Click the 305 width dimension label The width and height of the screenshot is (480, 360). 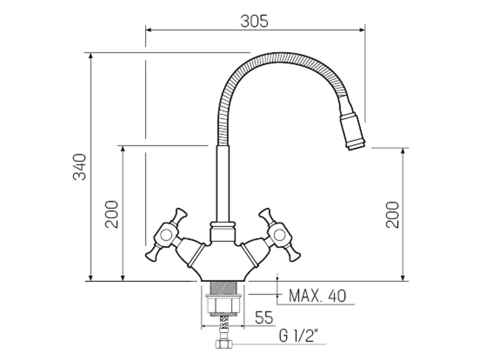254,22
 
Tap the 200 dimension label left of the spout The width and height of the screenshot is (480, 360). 112,214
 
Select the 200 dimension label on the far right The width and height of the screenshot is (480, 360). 392,215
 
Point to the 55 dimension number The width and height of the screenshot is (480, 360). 264,318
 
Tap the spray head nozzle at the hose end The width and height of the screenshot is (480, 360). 352,131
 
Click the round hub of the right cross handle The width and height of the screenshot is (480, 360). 280,235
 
